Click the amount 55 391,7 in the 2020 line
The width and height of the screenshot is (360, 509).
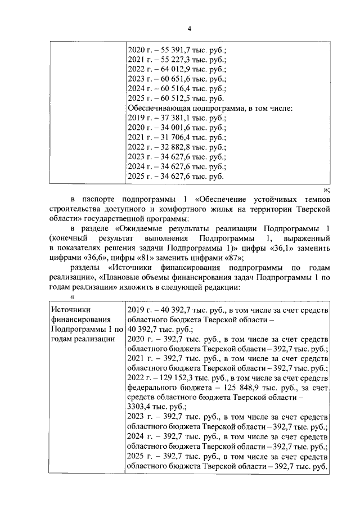coord(171,49)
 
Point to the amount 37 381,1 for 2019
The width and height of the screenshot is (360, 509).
coord(171,118)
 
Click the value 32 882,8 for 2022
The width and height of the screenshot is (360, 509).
coord(171,147)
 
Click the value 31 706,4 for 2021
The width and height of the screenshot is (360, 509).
coord(171,138)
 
